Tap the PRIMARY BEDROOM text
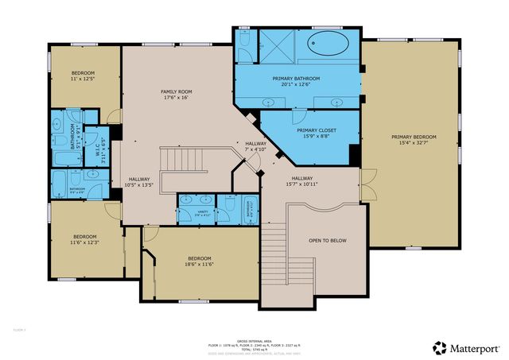tap(414, 137)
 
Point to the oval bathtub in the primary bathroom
tap(334, 43)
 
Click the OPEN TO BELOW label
tap(327, 240)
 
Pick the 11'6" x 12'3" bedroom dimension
tap(84, 242)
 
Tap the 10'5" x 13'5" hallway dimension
tap(138, 185)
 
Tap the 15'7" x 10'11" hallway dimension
tap(301, 184)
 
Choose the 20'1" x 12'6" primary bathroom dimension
tap(296, 85)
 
